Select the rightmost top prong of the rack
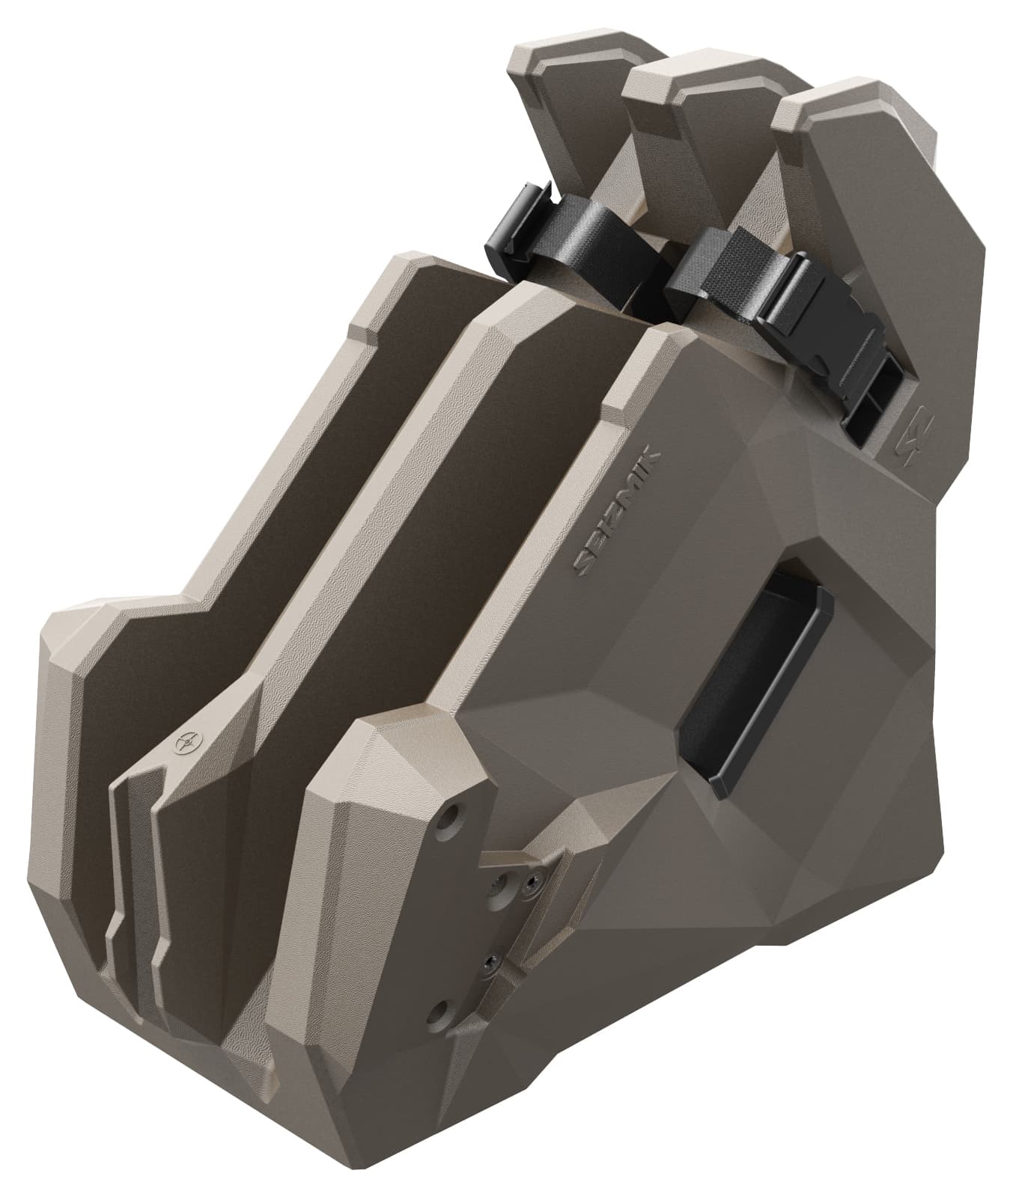coord(861,187)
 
